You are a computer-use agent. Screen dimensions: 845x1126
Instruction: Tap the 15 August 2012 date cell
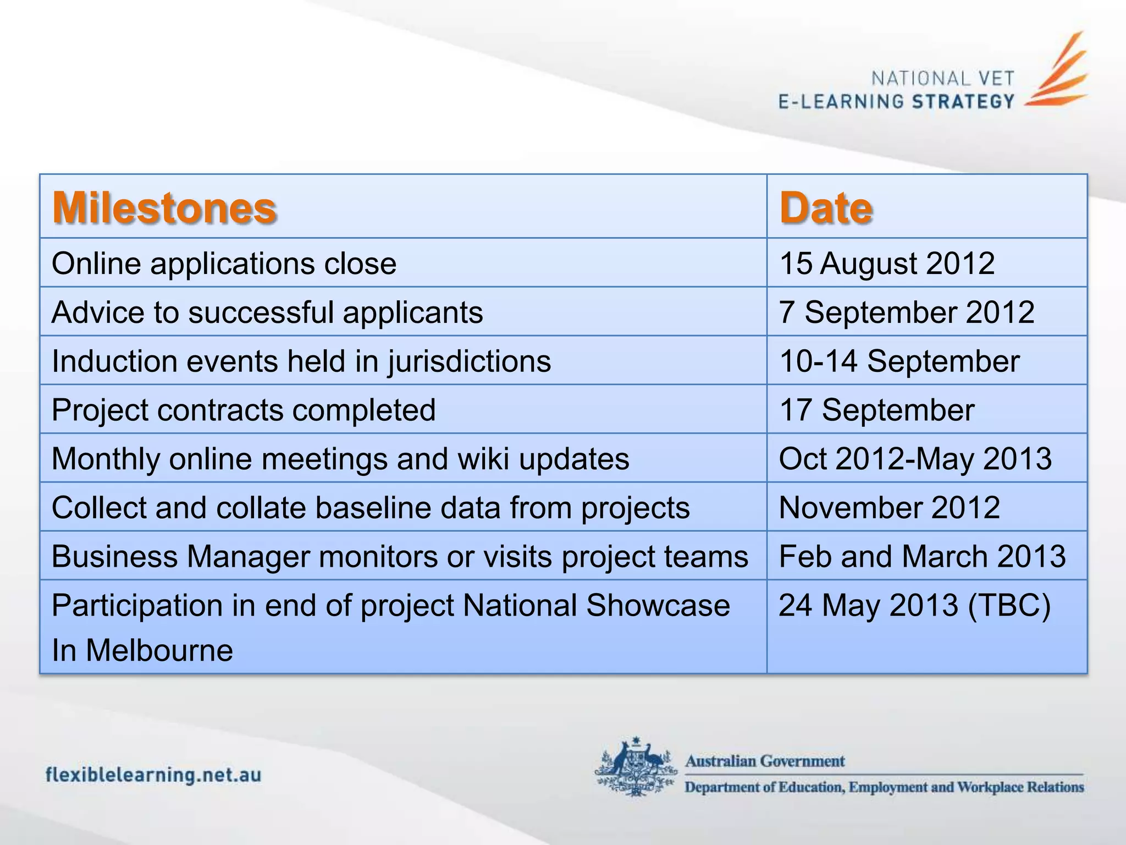click(887, 263)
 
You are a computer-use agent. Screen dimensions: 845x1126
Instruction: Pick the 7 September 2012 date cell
click(907, 312)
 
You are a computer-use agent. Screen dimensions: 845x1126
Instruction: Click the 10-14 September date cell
click(899, 361)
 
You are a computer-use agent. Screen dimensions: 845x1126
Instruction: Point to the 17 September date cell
click(877, 410)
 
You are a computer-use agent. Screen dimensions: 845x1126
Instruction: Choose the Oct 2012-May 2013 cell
click(915, 458)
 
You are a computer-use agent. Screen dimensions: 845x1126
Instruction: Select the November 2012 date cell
click(889, 507)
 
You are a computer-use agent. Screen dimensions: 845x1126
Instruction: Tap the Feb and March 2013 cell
click(922, 556)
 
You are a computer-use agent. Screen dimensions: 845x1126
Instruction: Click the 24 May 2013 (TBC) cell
click(915, 605)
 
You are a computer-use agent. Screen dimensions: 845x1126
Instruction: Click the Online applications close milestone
click(224, 263)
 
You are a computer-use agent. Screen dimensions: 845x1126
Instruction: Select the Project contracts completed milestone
click(244, 410)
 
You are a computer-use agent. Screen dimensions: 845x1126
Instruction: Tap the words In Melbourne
click(142, 650)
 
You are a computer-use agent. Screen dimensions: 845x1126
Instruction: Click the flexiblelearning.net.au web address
click(153, 775)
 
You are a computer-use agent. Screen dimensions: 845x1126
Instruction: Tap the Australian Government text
click(764, 761)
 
